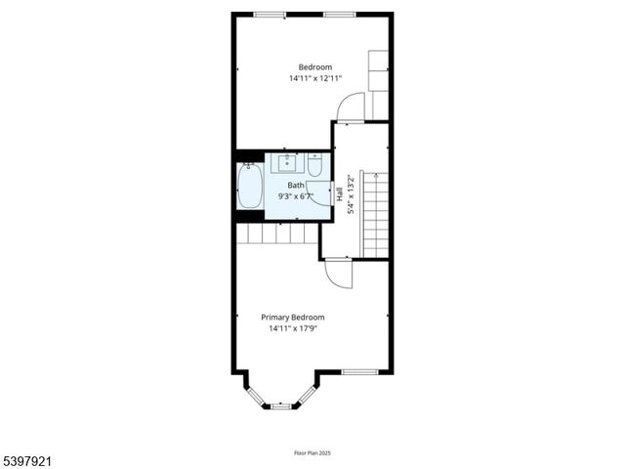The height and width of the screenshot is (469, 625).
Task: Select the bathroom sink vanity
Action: tap(288, 162)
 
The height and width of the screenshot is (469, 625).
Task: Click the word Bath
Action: tap(295, 185)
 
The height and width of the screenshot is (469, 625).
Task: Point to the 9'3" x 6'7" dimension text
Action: tap(295, 195)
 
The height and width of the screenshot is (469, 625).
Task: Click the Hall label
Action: tap(340, 193)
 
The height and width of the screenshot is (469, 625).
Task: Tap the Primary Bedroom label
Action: tap(292, 317)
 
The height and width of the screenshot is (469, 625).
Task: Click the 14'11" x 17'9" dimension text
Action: tap(294, 328)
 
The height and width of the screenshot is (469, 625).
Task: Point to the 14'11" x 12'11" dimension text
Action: tap(315, 77)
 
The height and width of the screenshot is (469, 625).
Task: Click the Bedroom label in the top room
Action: tap(315, 66)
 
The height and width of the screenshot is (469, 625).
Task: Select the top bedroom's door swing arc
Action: tap(350, 105)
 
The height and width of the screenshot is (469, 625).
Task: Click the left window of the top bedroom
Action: tap(270, 15)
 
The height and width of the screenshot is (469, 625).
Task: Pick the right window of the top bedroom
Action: tap(339, 15)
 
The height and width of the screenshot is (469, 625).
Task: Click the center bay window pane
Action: tap(281, 405)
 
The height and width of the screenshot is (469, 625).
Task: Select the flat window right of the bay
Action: tap(358, 371)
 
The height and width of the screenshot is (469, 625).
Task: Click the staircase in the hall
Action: tap(376, 215)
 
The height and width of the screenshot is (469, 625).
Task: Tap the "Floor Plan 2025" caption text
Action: tap(312, 452)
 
